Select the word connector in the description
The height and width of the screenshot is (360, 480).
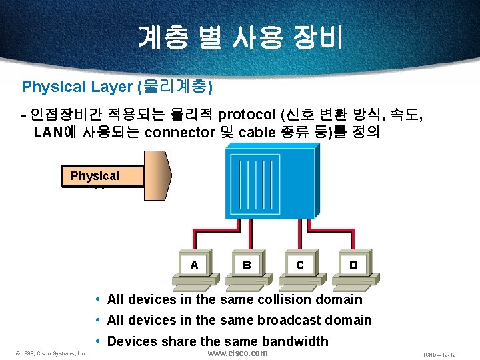(x=179, y=132)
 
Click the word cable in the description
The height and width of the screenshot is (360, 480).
(x=257, y=132)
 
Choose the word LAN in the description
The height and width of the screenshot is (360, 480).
(x=47, y=132)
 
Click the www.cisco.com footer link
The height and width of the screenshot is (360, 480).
(x=237, y=353)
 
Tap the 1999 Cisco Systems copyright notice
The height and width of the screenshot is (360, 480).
(x=52, y=353)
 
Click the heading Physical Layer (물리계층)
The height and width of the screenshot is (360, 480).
(x=117, y=87)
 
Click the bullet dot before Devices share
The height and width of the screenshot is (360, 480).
(x=97, y=341)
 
